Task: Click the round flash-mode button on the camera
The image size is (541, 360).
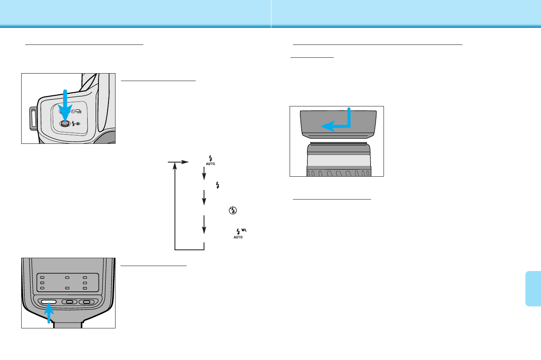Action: (x=64, y=123)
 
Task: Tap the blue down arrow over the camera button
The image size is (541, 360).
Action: (x=64, y=104)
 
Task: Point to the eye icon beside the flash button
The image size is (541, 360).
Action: (x=79, y=123)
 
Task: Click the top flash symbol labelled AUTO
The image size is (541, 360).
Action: (x=211, y=160)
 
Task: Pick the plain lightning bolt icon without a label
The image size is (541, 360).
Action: (x=217, y=185)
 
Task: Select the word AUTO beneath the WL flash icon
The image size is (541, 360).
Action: (x=238, y=237)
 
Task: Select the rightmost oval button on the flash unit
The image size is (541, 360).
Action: (x=86, y=302)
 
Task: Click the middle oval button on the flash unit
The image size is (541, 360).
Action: (x=69, y=302)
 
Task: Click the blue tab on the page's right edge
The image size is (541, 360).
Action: (x=533, y=289)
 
